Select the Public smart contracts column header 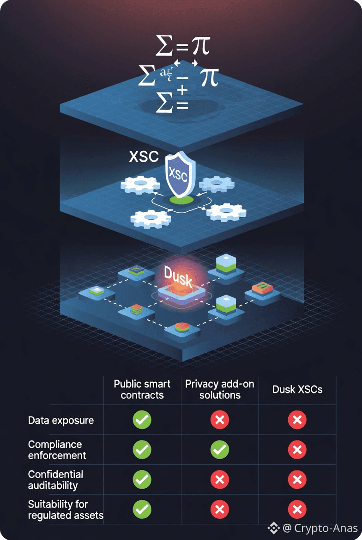coord(142,389)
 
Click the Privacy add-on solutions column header coord(220,389)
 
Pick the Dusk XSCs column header coord(297,389)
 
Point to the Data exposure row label coord(61,420)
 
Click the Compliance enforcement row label coord(57,450)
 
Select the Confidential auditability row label coord(56,480)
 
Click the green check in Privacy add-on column coord(220,450)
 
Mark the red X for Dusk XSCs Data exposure coord(297,420)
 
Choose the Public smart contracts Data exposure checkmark coord(142,420)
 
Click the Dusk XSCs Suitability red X coord(297,509)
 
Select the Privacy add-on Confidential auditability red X coord(220,480)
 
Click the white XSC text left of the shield coord(144,157)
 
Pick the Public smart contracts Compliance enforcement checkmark coord(142,450)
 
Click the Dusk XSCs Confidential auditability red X coord(297,480)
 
